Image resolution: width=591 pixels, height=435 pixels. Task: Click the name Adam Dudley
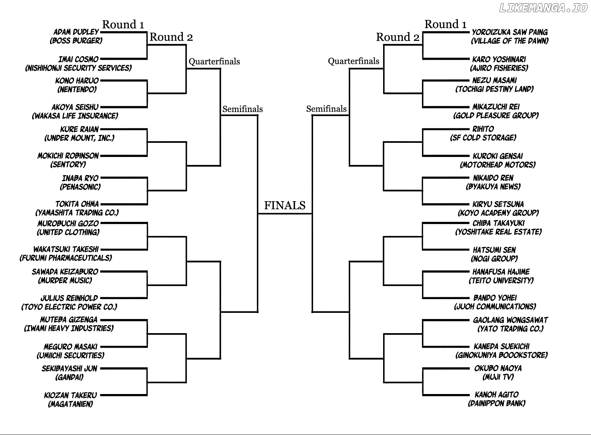(76, 32)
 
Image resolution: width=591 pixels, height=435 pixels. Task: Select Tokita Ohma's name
(77, 204)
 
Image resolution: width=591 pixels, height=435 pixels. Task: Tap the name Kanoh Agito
(497, 394)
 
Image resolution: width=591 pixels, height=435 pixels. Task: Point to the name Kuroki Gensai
(498, 156)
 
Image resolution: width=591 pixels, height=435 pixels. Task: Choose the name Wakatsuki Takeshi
(66, 249)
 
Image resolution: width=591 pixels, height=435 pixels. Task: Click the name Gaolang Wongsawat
(510, 320)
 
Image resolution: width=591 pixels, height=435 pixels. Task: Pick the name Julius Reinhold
(69, 298)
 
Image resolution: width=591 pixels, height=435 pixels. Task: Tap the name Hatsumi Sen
(494, 250)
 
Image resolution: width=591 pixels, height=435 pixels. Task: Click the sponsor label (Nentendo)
(77, 90)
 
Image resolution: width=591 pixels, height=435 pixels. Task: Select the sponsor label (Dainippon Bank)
(497, 403)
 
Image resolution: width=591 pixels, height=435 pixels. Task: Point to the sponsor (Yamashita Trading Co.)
(77, 212)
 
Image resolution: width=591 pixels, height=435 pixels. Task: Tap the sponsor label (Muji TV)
(498, 377)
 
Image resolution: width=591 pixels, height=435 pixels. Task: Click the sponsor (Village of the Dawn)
(510, 41)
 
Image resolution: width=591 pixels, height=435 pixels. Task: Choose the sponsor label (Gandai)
(69, 377)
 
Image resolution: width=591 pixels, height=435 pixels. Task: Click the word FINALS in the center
(285, 205)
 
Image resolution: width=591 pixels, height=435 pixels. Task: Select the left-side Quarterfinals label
(214, 61)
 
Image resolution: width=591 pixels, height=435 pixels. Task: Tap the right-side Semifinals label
(327, 109)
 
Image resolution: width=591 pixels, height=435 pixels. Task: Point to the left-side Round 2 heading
(171, 37)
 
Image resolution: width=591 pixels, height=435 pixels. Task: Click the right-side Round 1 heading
(446, 24)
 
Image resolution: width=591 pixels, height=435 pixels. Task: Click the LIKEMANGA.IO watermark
(543, 8)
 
